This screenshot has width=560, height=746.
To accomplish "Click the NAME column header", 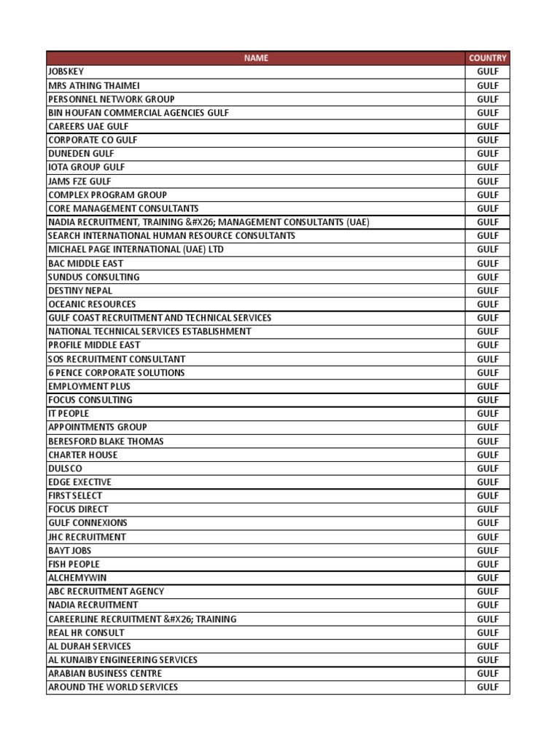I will (x=255, y=58).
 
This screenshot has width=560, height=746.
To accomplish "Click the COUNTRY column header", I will (x=487, y=58).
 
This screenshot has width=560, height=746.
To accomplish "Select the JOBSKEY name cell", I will (x=66, y=71).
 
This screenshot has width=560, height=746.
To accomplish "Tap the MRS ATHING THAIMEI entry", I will (x=93, y=85).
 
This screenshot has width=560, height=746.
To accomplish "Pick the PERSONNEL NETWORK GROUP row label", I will (x=111, y=99).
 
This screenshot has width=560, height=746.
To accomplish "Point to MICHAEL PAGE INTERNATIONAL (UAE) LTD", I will (x=136, y=249).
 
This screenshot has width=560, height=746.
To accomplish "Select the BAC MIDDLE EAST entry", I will (x=85, y=263).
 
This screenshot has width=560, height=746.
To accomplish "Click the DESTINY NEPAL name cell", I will (x=80, y=291).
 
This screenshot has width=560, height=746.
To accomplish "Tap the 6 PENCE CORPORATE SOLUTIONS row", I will (x=116, y=372).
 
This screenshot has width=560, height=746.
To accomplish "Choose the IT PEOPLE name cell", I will (x=69, y=414).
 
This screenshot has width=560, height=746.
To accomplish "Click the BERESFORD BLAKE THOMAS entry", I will (x=106, y=441).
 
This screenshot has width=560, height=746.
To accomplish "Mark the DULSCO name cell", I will (x=66, y=468).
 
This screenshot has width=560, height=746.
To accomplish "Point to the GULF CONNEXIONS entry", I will (x=87, y=523).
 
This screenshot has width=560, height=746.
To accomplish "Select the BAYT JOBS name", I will (x=69, y=550).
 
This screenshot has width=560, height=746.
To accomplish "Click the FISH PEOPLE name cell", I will (x=74, y=564).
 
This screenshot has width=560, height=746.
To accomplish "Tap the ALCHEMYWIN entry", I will (x=77, y=578).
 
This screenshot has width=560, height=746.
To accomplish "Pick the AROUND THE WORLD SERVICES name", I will (x=113, y=687).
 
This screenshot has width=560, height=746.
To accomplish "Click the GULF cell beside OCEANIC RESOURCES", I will (x=487, y=304).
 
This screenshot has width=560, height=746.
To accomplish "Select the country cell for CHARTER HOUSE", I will (x=487, y=455).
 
